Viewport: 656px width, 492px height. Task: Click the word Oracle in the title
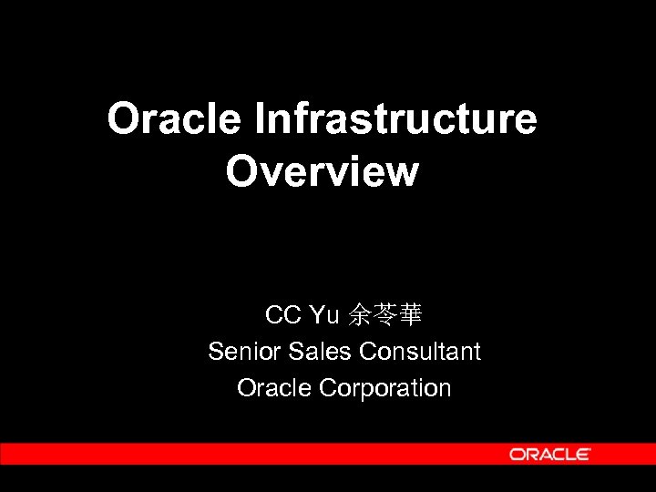(x=174, y=119)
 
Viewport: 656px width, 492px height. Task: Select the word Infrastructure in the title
(x=396, y=119)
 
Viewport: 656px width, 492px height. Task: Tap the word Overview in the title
(x=323, y=171)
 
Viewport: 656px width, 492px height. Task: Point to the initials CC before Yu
(x=282, y=316)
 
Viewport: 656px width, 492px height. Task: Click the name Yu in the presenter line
(x=324, y=316)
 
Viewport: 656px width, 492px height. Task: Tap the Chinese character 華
(x=409, y=316)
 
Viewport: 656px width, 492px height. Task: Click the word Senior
(x=237, y=352)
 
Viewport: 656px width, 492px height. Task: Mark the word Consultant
(x=420, y=352)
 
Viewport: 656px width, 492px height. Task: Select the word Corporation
(x=385, y=388)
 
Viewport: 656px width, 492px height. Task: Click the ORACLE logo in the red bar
(x=549, y=454)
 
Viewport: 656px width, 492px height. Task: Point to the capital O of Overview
(x=241, y=171)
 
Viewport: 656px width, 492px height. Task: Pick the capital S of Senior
(x=216, y=352)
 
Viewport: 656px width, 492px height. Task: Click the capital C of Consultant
(x=368, y=352)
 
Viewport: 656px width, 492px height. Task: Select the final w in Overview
(x=398, y=172)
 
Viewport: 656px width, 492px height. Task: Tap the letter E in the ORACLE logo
(x=583, y=454)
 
